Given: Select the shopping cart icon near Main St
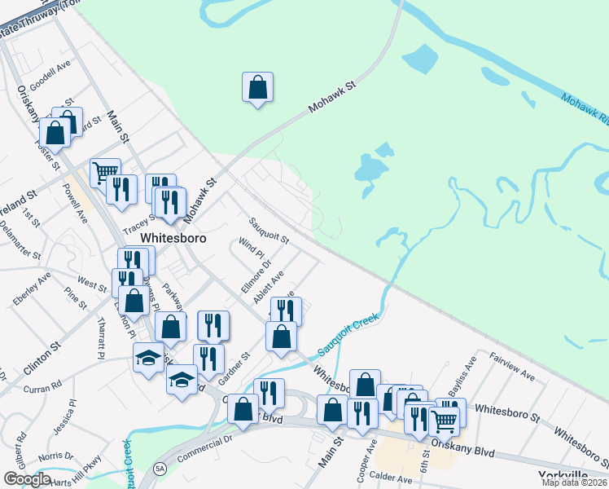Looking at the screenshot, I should coord(105,172).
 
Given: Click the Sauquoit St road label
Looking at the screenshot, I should coord(269,231).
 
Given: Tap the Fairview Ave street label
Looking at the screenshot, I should coord(512,367).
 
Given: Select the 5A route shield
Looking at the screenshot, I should coord(160,470).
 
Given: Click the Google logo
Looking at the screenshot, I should coord(27,478).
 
